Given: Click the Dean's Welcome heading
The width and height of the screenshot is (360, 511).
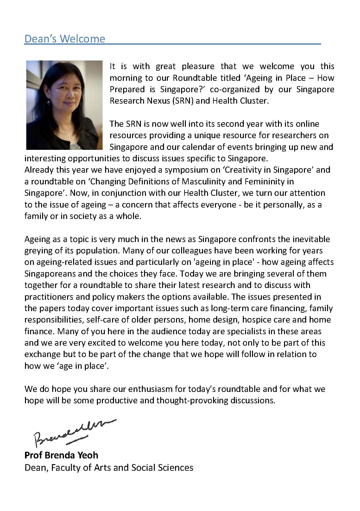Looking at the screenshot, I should coord(65,39).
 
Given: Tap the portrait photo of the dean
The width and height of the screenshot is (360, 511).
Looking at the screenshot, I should coord(64,105).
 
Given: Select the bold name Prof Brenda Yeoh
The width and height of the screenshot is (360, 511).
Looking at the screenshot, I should coord(61,455).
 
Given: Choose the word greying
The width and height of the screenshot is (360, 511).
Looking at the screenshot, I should coord(38,251).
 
